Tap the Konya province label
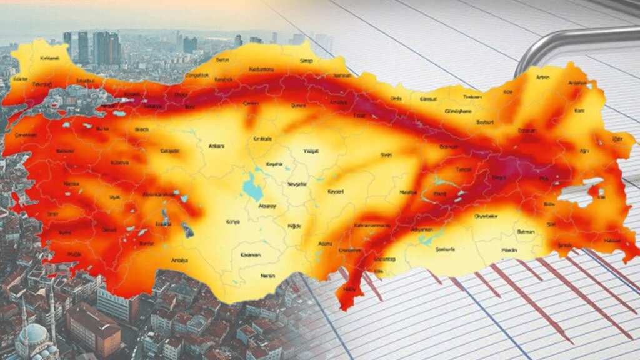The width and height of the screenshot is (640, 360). tap(232, 221)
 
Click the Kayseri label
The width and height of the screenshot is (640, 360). tap(336, 192)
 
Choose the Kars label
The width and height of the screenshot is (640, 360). tap(579, 111)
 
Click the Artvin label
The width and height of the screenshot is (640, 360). tap(542, 77)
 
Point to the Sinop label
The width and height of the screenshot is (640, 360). tap(307, 61)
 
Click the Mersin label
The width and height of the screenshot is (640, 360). tap(267, 276)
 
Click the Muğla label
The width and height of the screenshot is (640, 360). tap(74, 255)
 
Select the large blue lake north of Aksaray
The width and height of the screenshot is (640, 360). tap(252, 186)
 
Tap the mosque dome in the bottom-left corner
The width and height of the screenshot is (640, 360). tap(34, 334)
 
